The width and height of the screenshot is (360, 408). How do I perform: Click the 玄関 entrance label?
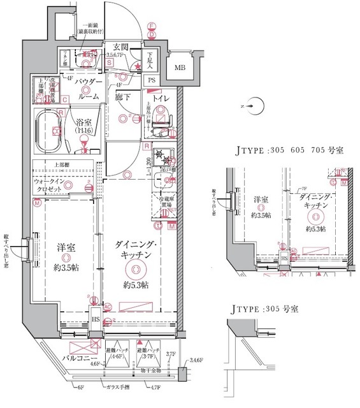click(x=122, y=47)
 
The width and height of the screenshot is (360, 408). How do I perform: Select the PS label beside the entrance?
click(x=152, y=80)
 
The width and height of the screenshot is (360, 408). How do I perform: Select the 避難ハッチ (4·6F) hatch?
click(x=115, y=353)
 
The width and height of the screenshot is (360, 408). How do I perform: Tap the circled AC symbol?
click(x=107, y=307)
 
